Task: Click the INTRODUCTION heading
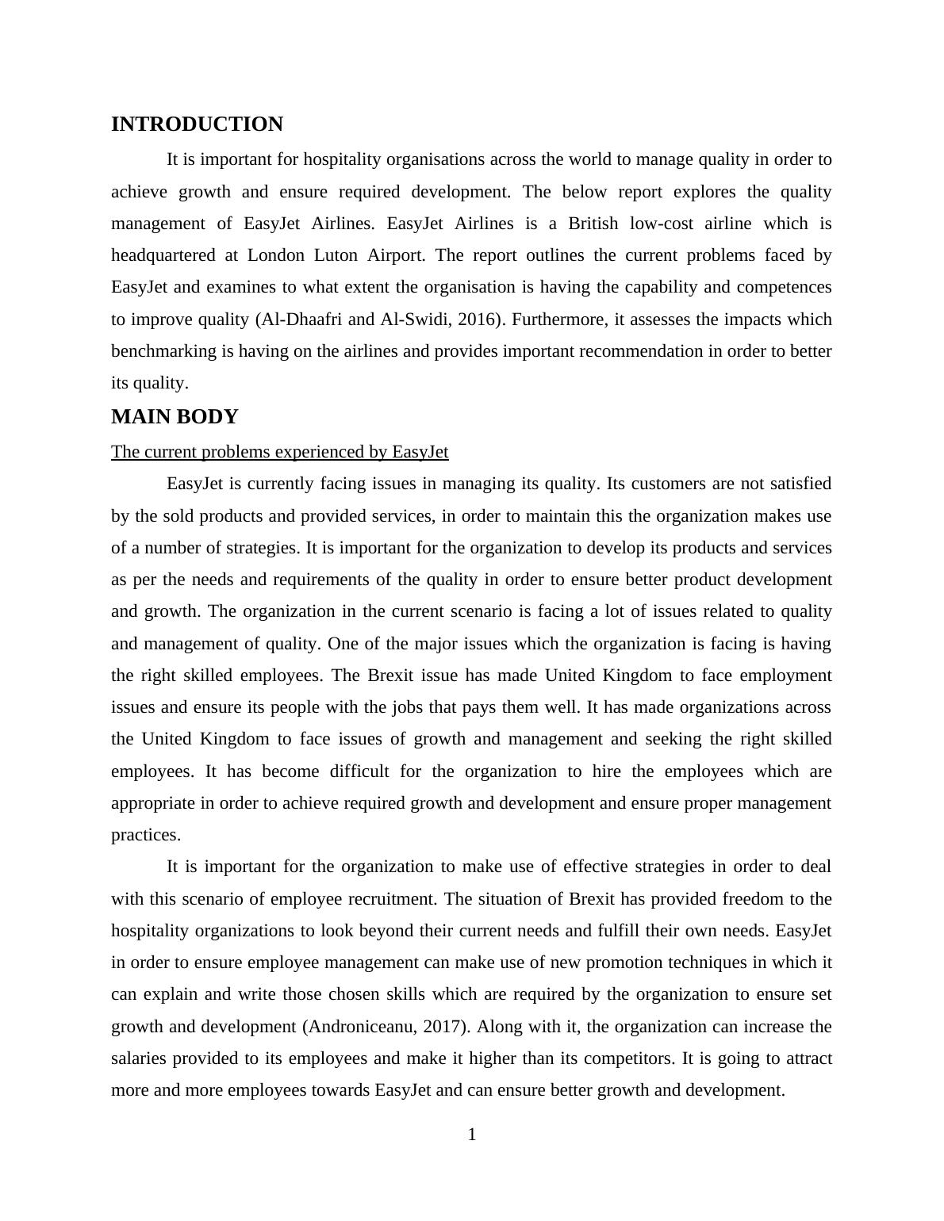[197, 124]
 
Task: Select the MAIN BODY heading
[175, 417]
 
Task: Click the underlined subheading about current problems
[279, 452]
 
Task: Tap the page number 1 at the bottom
[472, 1135]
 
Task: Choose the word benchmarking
[164, 351]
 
